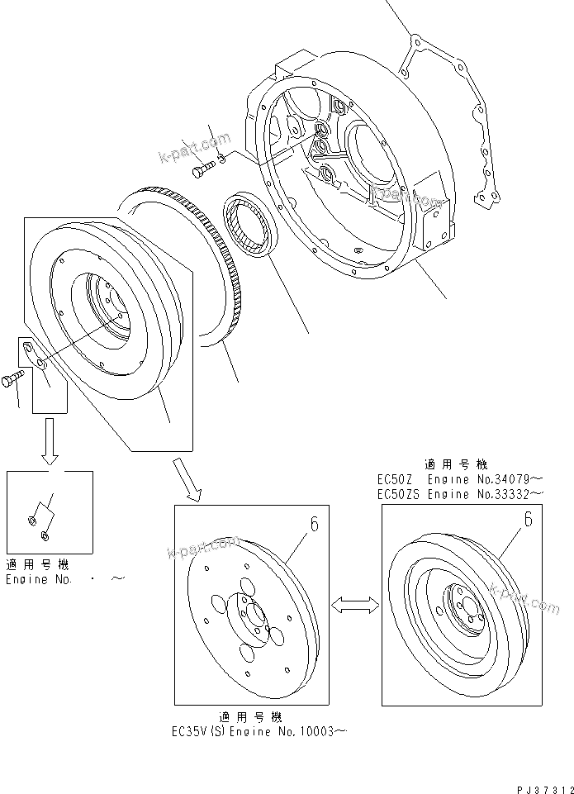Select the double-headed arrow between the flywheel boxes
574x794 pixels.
pyautogui.click(x=351, y=606)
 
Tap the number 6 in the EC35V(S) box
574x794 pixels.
pyautogui.click(x=313, y=525)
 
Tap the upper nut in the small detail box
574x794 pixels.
pyautogui.click(x=31, y=520)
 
